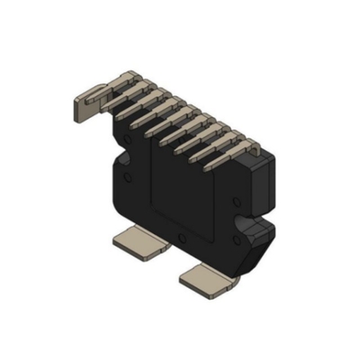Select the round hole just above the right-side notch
[236, 200]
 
